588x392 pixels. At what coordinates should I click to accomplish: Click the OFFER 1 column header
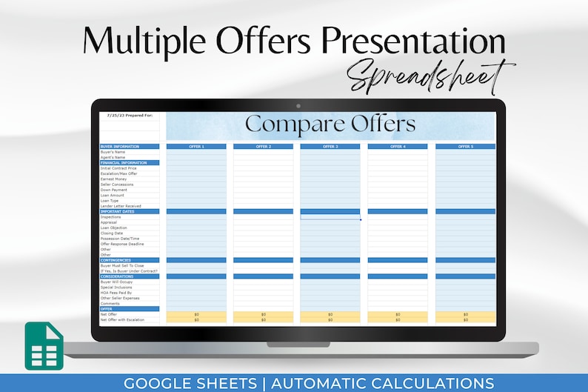point(196,147)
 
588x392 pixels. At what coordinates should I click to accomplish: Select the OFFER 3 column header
point(330,147)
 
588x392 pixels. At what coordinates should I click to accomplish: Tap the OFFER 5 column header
point(465,147)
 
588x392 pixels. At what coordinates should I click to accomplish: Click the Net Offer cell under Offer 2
point(263,314)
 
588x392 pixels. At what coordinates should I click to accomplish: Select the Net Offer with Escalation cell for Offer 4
point(398,319)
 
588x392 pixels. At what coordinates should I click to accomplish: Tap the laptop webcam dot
point(298,106)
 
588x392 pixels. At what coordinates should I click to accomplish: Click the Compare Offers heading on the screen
point(330,124)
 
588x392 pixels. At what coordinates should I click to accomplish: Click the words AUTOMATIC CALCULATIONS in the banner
point(383,382)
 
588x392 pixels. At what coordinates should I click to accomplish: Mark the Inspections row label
point(111,216)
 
